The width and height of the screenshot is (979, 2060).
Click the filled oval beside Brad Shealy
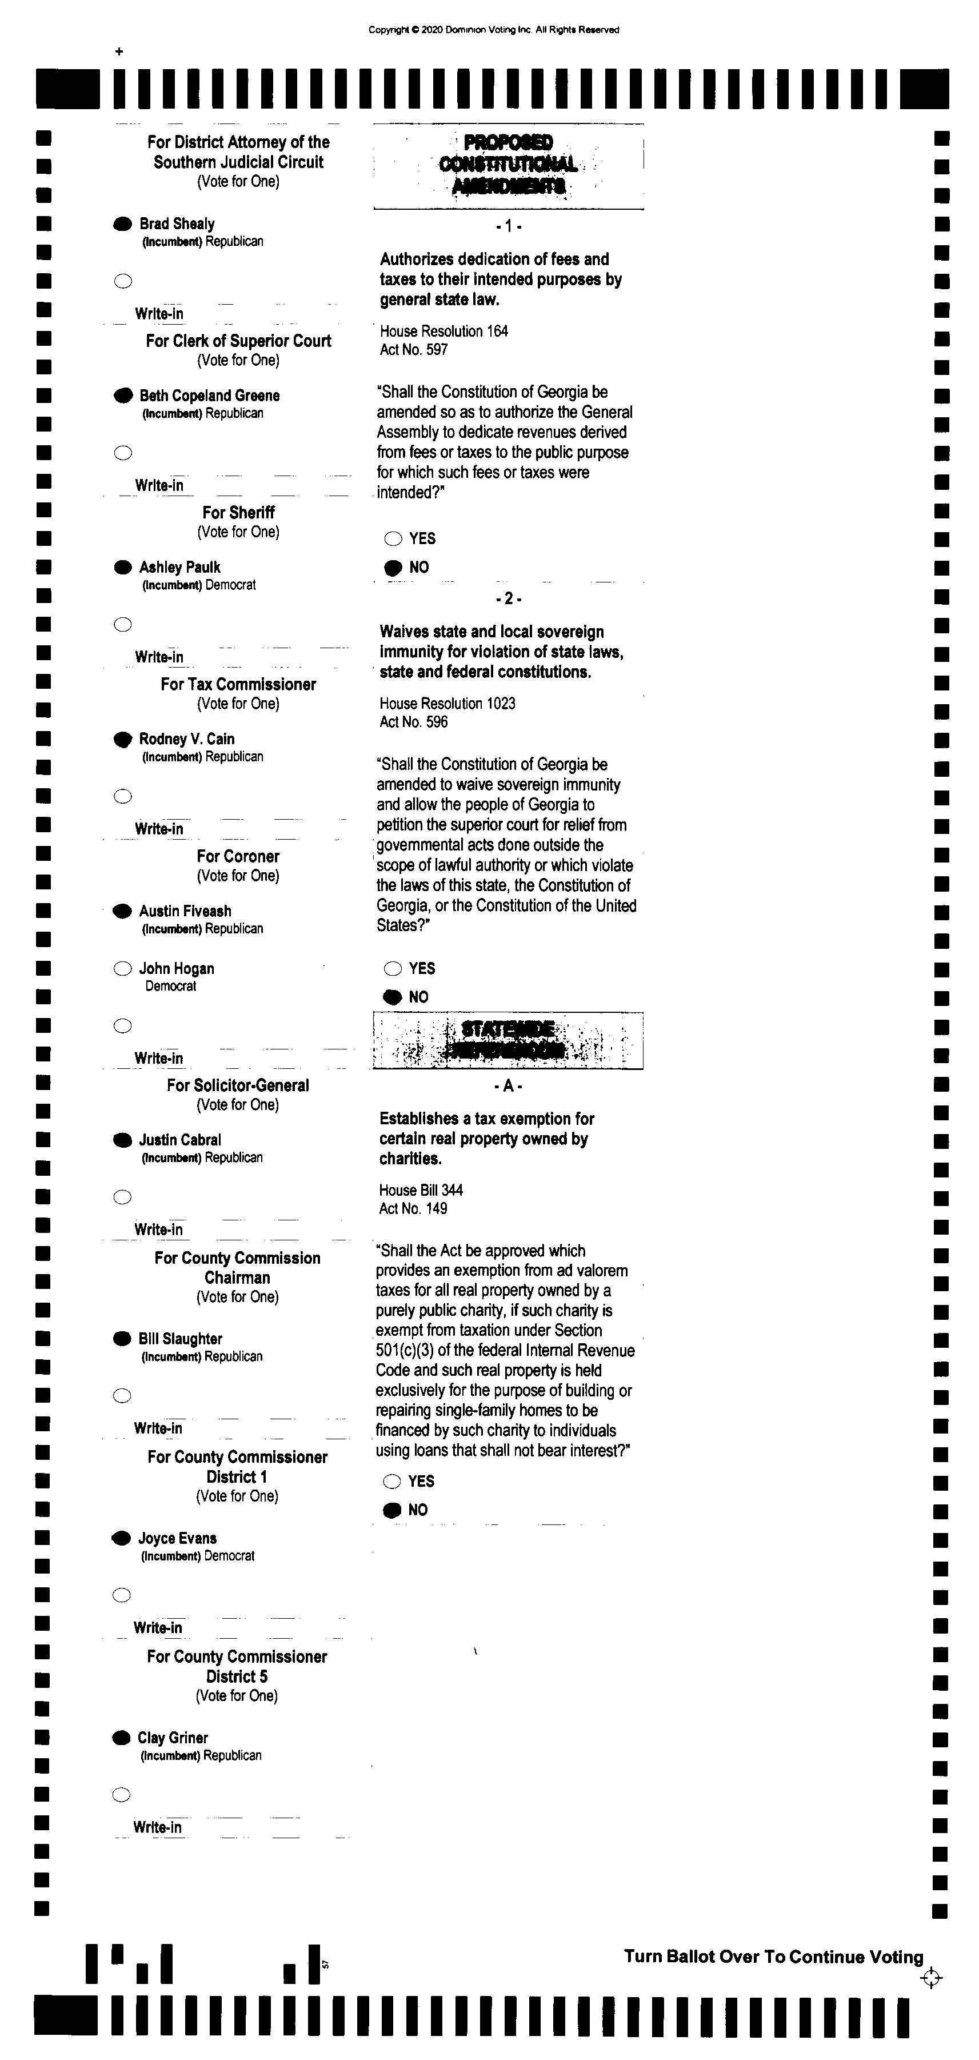click(122, 224)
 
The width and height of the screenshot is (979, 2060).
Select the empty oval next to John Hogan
click(122, 968)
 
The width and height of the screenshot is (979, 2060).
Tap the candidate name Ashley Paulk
click(179, 567)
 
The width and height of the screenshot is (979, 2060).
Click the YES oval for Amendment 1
click(393, 539)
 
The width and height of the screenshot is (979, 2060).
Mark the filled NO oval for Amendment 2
click(393, 997)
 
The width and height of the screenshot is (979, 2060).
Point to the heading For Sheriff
click(238, 513)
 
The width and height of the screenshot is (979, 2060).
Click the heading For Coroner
click(238, 856)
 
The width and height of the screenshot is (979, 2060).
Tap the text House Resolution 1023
click(447, 704)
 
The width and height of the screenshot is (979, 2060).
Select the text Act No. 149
click(413, 1208)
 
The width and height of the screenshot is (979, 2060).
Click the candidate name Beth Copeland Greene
click(209, 396)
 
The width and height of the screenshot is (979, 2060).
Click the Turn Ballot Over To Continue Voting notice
click(773, 1957)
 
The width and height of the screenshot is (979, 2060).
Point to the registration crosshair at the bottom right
click(931, 1978)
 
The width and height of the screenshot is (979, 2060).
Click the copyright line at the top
click(493, 30)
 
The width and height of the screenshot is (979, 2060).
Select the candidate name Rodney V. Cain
click(186, 739)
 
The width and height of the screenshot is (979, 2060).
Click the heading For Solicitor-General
click(238, 1085)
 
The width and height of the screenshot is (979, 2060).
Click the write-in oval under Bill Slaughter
click(122, 1395)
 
